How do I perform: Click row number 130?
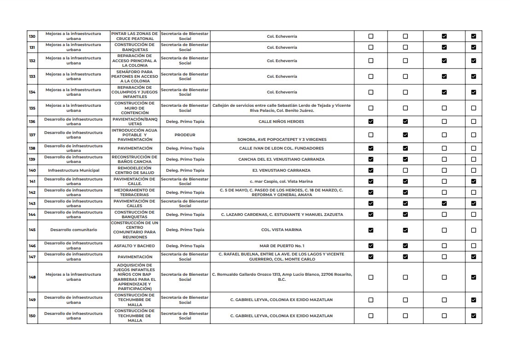pyautogui.click(x=32, y=36)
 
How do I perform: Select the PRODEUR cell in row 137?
pyautogui.click(x=185, y=135)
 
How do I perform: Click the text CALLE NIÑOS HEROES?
pyautogui.click(x=281, y=122)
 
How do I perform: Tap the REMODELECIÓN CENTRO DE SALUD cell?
pyautogui.click(x=135, y=170)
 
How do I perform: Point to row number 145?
pyautogui.click(x=32, y=230)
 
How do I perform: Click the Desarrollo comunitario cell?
pyautogui.click(x=74, y=230)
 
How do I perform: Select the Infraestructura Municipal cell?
pyautogui.click(x=74, y=170)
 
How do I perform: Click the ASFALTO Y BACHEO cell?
pyautogui.click(x=135, y=246)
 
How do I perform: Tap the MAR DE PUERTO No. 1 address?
pyautogui.click(x=281, y=246)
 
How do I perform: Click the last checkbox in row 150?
pyautogui.click(x=473, y=316)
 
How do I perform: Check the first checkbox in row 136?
pyautogui.click(x=371, y=122)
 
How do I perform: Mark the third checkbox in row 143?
pyautogui.click(x=444, y=203)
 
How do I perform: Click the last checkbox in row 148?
pyautogui.click(x=473, y=277)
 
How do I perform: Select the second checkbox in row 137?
pyautogui.click(x=405, y=135)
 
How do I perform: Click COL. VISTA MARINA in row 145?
pyautogui.click(x=281, y=230)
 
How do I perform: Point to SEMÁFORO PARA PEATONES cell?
pyautogui.click(x=135, y=76)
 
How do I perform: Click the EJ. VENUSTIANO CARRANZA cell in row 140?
pyautogui.click(x=281, y=170)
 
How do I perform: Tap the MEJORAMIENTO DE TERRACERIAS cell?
pyautogui.click(x=135, y=192)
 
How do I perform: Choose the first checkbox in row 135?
pyautogui.click(x=371, y=108)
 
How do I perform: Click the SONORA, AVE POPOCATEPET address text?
pyautogui.click(x=281, y=139)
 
